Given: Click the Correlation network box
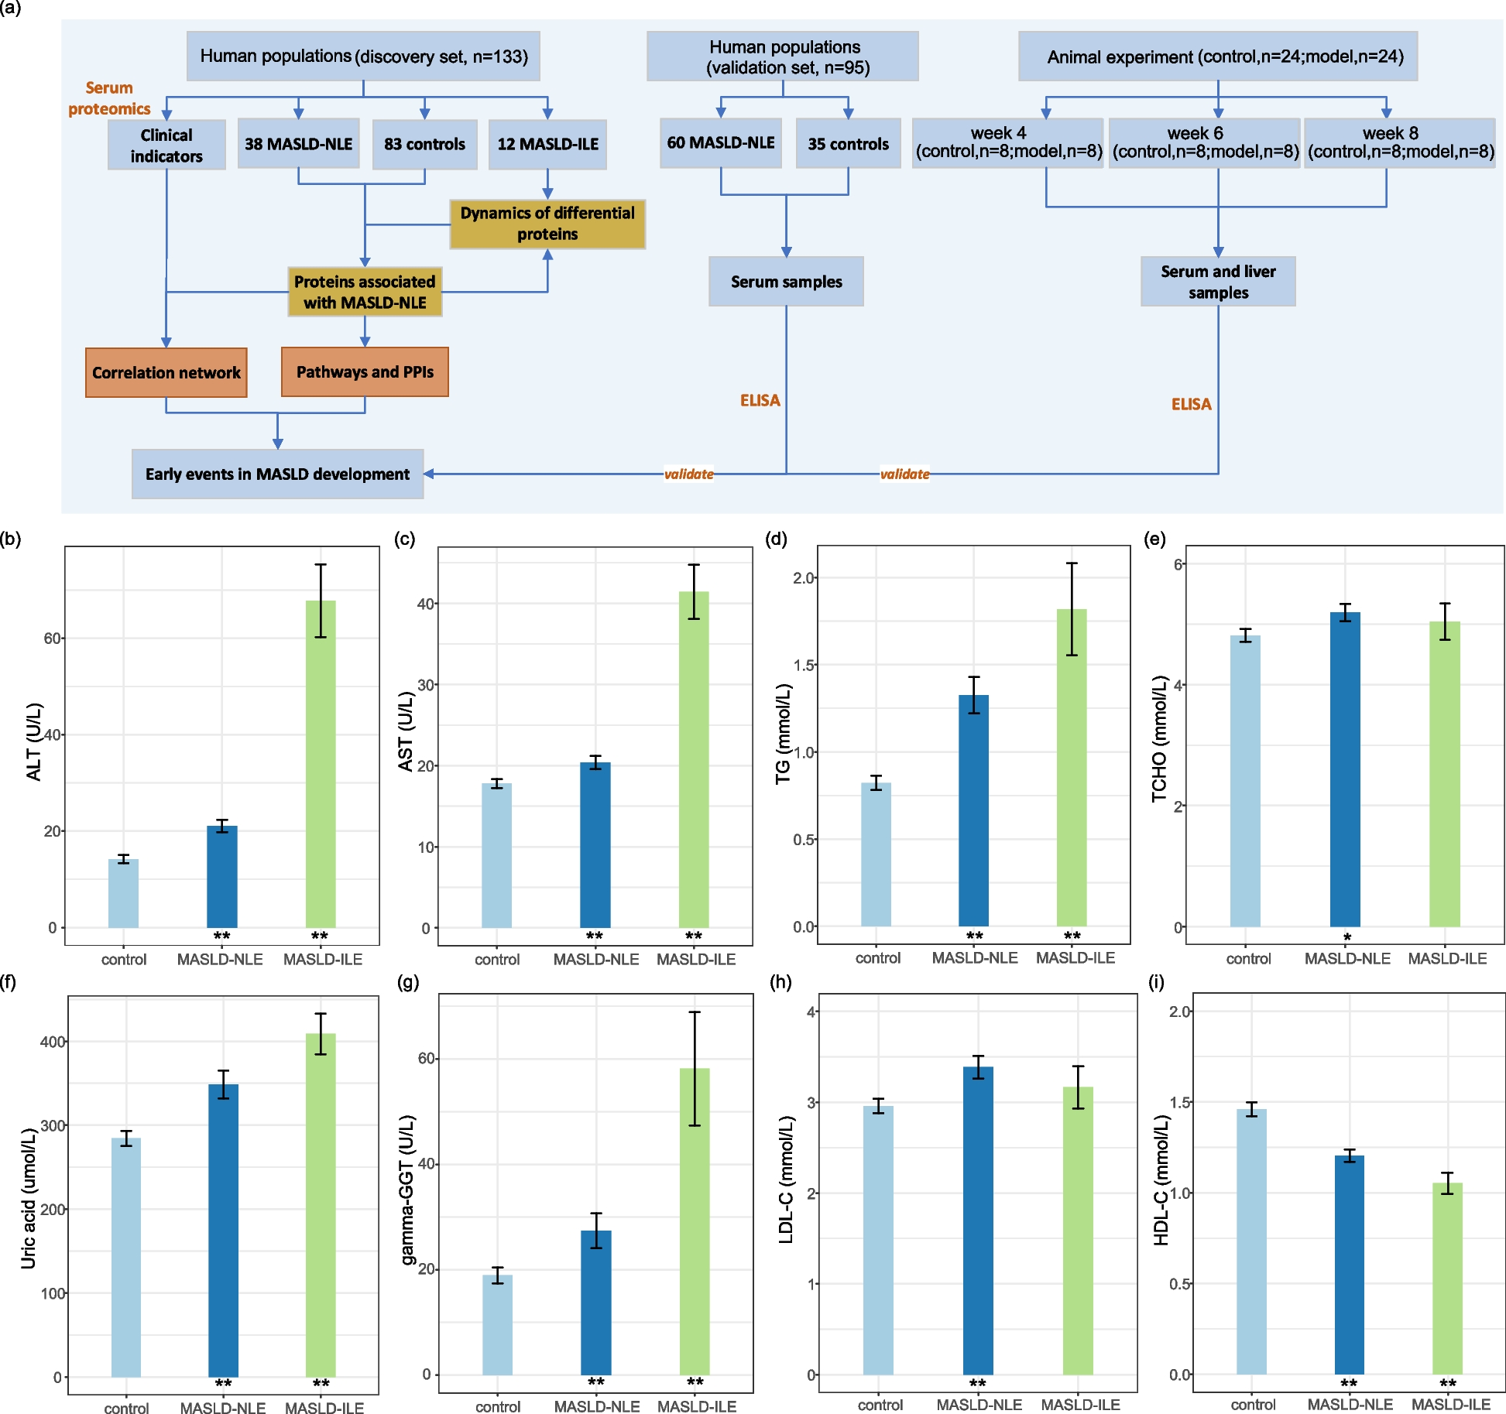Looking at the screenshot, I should point(166,372).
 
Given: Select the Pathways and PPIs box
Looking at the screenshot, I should point(365,371).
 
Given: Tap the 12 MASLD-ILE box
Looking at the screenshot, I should point(547,144).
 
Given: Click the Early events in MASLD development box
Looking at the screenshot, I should point(277,474).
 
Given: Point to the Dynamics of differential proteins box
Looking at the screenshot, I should point(547,224).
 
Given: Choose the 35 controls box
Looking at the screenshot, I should point(848,144).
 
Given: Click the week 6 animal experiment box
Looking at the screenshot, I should point(1204,143).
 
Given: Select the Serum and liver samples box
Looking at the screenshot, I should point(1218,282).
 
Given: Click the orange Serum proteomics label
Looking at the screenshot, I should point(109,98).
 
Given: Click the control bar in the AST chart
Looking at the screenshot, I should point(496,855).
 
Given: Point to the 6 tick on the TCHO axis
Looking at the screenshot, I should point(1178,565).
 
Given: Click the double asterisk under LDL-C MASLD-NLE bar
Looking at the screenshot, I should point(978,1383).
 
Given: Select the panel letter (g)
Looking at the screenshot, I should point(407,982).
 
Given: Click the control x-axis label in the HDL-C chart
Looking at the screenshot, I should point(1253,1404).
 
